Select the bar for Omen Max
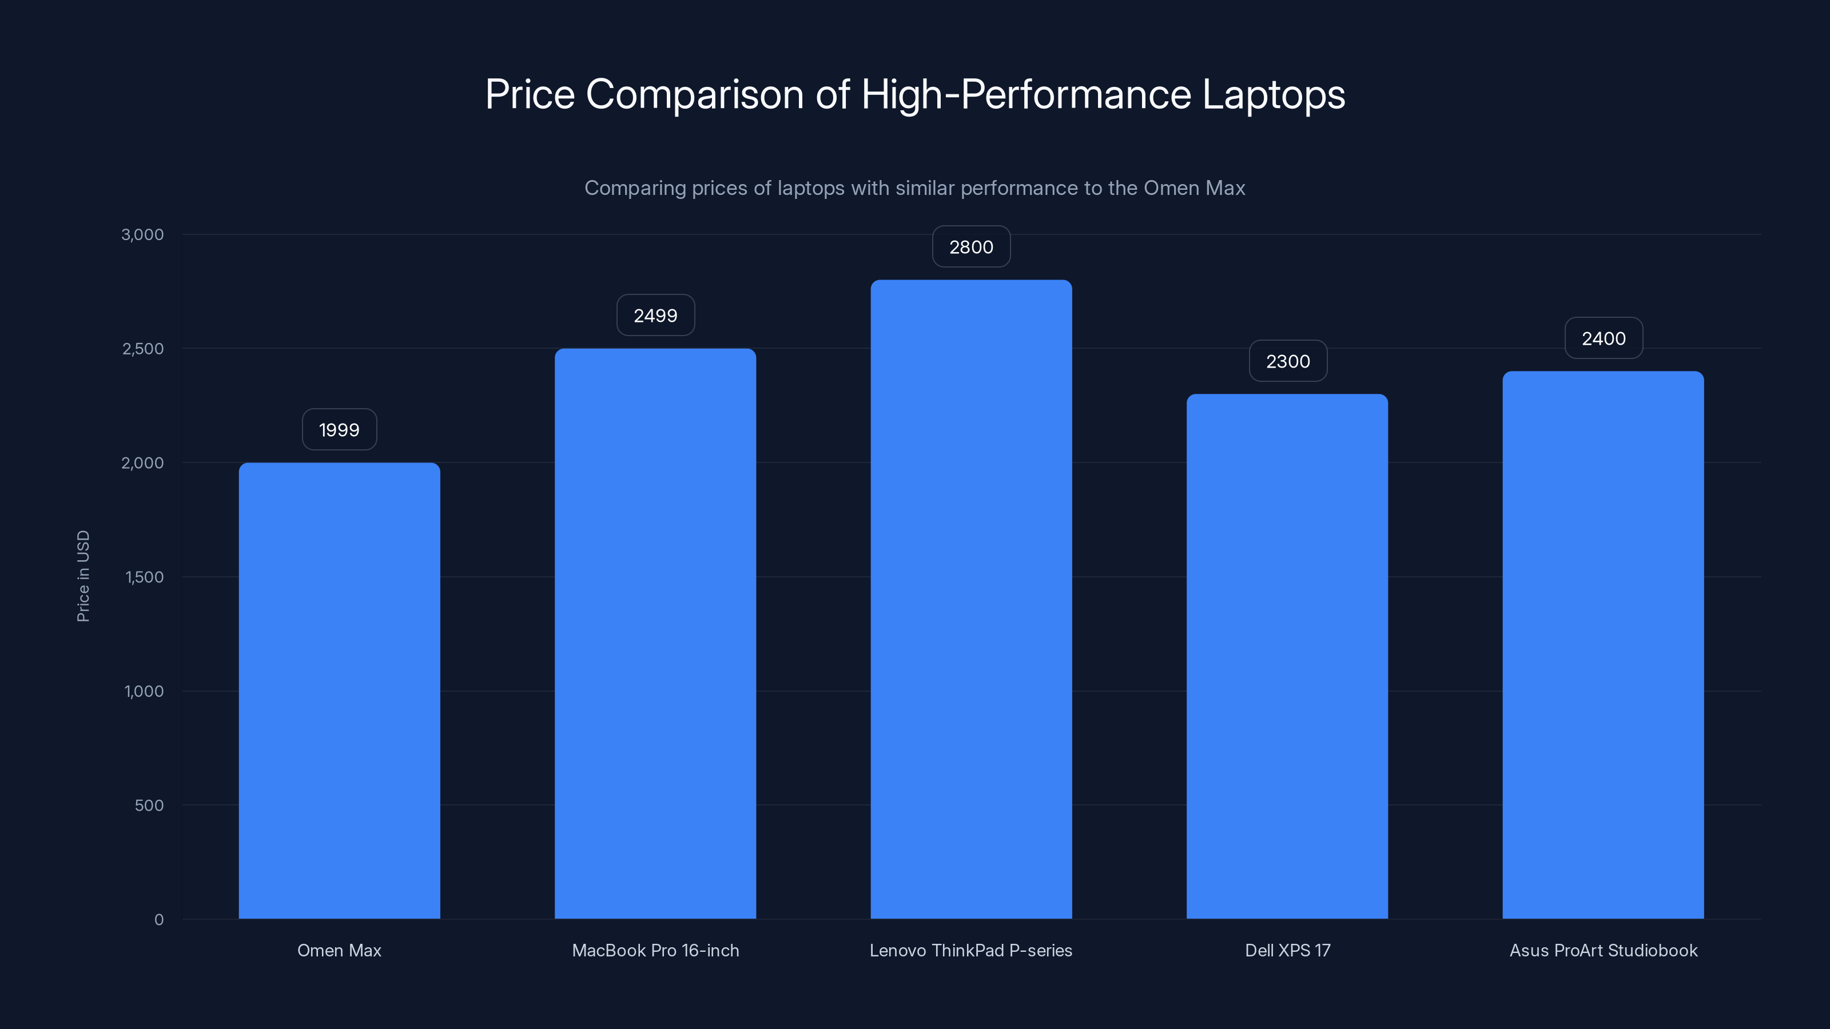coord(339,690)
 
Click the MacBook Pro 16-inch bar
coord(655,633)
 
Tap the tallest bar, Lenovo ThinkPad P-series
coord(971,599)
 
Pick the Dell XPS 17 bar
coord(1287,656)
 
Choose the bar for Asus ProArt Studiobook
coord(1602,645)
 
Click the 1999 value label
coord(339,430)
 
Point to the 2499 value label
coord(655,316)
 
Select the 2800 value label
coord(971,247)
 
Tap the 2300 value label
coord(1287,361)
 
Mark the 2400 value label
coord(1604,339)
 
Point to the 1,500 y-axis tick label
coord(144,577)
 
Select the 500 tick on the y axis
coord(149,805)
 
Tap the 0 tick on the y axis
coord(158,920)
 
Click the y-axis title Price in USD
coord(83,576)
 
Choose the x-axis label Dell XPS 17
coord(1287,950)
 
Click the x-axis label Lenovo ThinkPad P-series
coord(970,950)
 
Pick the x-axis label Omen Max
coord(339,950)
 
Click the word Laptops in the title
coord(1273,94)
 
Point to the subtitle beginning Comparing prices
coord(914,188)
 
